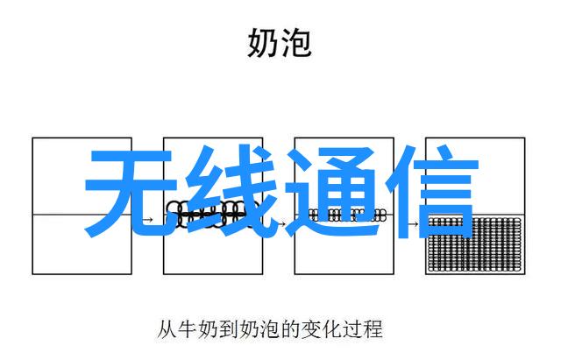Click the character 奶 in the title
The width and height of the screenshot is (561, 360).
(x=263, y=43)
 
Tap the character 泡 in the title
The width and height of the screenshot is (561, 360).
(x=295, y=43)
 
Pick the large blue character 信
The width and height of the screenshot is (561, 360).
(x=433, y=192)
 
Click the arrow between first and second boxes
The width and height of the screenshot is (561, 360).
(x=147, y=219)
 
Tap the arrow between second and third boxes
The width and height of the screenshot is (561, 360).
(x=281, y=224)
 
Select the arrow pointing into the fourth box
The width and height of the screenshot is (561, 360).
(x=413, y=224)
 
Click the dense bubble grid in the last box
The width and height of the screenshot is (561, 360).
(x=474, y=244)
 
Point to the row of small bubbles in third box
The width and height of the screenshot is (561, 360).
(x=347, y=215)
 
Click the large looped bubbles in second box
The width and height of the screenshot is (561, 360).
(x=212, y=214)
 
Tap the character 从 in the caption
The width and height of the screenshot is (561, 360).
(x=167, y=329)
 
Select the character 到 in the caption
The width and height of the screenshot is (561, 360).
(x=229, y=329)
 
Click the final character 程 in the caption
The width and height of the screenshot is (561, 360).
(x=373, y=329)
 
